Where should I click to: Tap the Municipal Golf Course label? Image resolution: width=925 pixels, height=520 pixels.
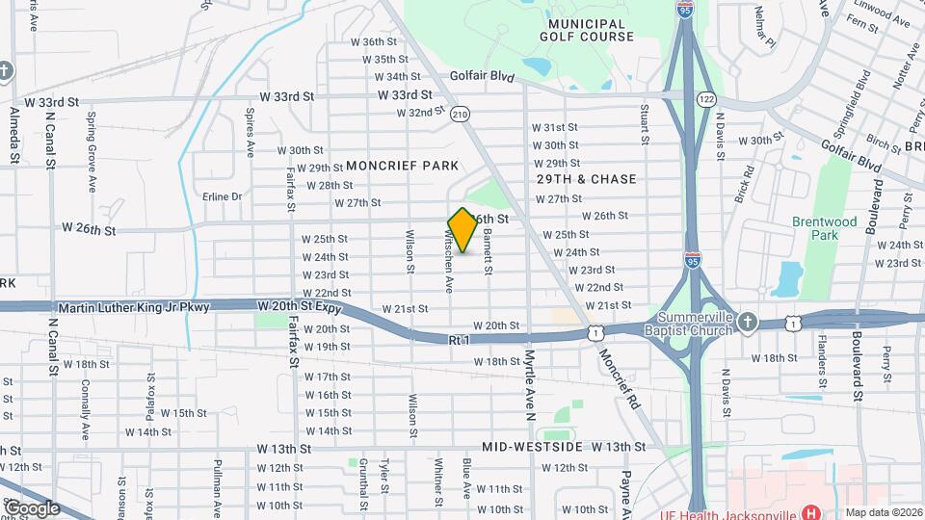click(x=593, y=30)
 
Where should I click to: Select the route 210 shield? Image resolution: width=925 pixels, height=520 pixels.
click(x=461, y=114)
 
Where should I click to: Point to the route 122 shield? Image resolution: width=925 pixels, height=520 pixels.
click(x=707, y=99)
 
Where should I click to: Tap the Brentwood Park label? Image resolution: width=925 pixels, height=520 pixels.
click(x=824, y=228)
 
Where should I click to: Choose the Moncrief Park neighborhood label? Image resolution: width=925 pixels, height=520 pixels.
click(x=402, y=166)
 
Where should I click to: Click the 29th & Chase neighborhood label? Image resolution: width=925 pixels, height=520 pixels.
click(x=587, y=179)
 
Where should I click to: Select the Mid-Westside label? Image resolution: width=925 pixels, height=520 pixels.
click(x=532, y=448)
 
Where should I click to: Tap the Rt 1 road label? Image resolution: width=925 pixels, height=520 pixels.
click(x=459, y=340)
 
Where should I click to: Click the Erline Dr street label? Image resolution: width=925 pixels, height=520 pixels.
click(x=222, y=196)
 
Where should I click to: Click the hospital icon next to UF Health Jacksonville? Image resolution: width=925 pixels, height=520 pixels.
click(x=810, y=512)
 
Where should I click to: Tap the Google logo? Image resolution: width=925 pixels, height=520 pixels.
click(x=31, y=507)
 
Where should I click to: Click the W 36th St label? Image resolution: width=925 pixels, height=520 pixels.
click(x=373, y=42)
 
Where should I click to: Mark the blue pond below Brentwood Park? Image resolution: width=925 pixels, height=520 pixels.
click(x=788, y=278)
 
